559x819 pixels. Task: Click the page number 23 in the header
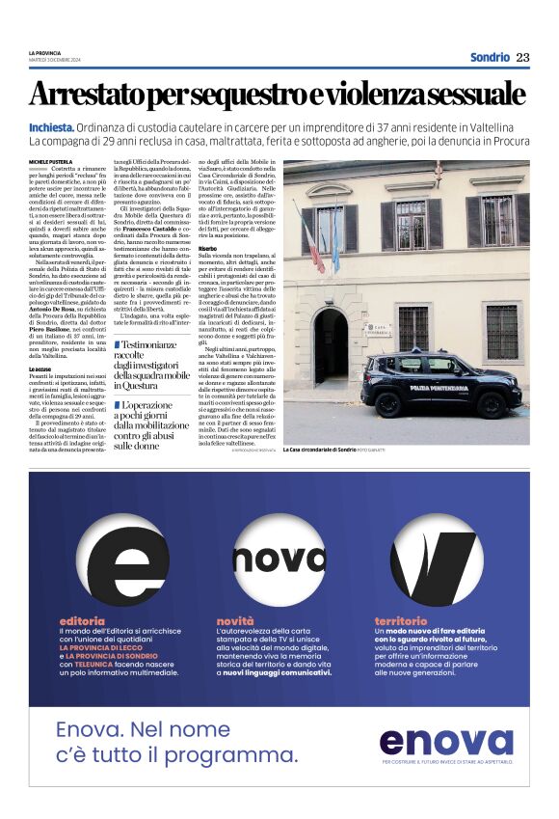pos(522,57)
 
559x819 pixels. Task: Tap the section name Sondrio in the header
pos(490,57)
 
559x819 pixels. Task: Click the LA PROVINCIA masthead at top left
pos(43,52)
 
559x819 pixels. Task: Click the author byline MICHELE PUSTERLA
pos(51,162)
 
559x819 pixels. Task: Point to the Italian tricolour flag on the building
pos(314,242)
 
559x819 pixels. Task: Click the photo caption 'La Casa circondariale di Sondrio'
pos(320,450)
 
